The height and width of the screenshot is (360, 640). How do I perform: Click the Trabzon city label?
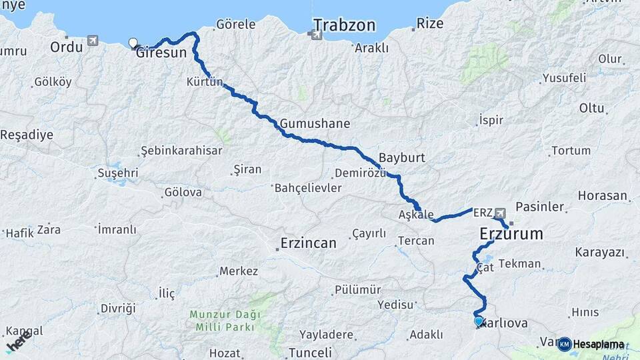click(344, 26)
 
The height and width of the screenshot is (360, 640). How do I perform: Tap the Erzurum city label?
click(511, 234)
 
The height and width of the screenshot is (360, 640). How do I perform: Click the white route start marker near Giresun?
click(133, 43)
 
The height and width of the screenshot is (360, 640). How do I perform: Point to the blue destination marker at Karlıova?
click(479, 321)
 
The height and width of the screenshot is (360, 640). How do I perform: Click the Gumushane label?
click(315, 124)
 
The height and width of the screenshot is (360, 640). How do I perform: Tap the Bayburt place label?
click(401, 158)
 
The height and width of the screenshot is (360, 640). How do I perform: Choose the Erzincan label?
click(309, 243)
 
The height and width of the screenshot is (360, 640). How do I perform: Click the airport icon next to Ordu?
click(92, 41)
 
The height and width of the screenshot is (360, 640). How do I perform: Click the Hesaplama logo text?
click(599, 344)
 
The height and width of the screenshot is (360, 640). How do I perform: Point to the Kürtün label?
click(204, 83)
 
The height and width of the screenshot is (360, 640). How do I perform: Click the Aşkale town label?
click(416, 215)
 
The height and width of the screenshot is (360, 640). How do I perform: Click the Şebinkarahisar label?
click(182, 151)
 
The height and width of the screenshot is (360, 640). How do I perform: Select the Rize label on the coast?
click(430, 23)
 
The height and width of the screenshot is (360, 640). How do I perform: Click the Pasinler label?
click(541, 207)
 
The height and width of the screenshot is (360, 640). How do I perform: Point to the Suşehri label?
click(117, 173)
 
